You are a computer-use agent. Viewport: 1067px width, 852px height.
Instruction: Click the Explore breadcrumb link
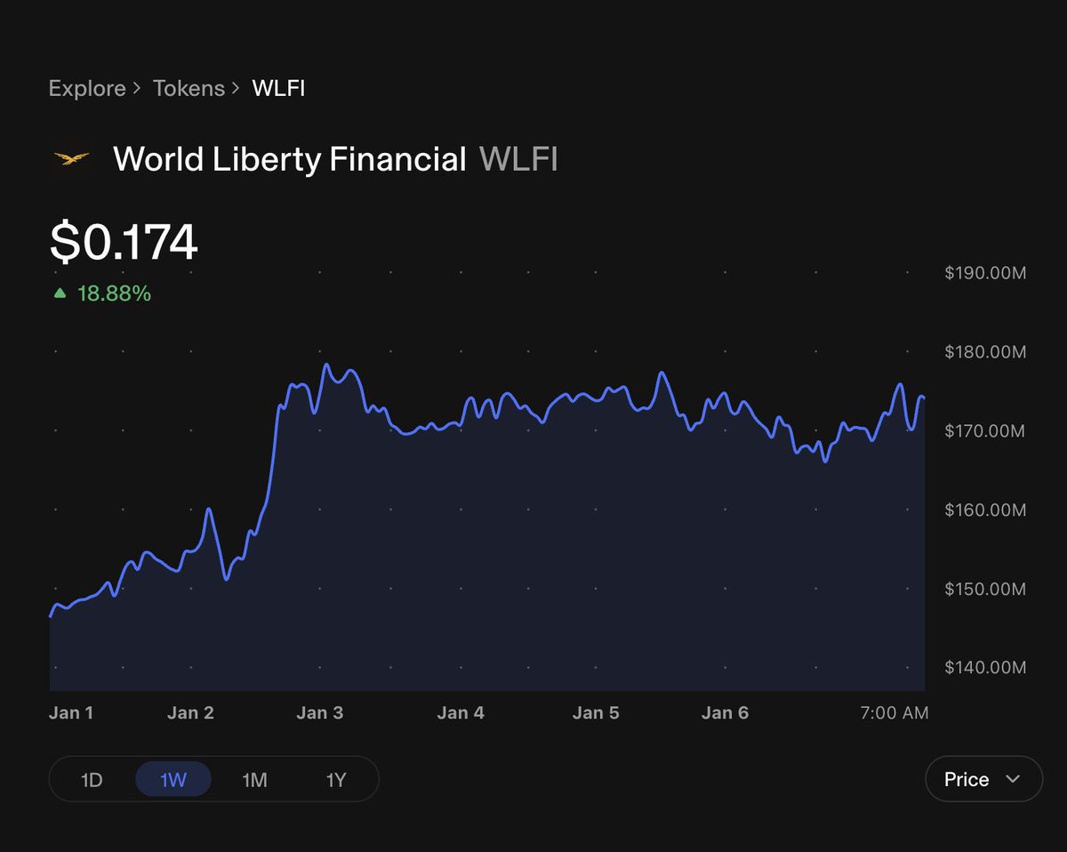click(87, 89)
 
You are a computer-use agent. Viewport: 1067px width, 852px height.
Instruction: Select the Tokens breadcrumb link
click(189, 89)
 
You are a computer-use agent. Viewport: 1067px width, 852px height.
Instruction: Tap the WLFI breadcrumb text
click(278, 89)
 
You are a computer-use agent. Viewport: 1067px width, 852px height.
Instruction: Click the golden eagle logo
click(72, 159)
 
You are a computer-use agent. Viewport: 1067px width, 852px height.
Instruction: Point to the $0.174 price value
click(124, 242)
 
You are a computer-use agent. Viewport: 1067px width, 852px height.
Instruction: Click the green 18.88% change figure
click(114, 293)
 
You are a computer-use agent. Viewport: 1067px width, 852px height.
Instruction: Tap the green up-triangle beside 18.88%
click(60, 293)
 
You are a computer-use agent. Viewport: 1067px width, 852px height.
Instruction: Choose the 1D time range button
click(92, 780)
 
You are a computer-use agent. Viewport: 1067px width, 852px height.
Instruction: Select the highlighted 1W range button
click(172, 780)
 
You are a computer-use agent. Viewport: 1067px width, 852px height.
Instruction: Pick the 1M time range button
click(254, 780)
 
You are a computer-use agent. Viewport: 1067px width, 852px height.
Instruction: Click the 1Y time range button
click(336, 780)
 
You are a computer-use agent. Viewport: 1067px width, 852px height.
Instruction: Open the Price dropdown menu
click(983, 779)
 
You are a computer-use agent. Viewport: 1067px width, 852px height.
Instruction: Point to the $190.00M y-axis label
click(985, 273)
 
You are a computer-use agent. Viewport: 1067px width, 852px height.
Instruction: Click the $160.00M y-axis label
click(985, 510)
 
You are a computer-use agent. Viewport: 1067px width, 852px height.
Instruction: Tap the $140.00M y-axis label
click(985, 668)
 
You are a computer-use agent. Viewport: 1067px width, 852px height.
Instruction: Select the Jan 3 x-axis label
click(319, 713)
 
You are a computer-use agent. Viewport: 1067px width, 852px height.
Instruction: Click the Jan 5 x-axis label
click(596, 713)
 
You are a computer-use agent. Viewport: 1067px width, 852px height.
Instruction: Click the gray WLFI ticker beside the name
click(518, 160)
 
